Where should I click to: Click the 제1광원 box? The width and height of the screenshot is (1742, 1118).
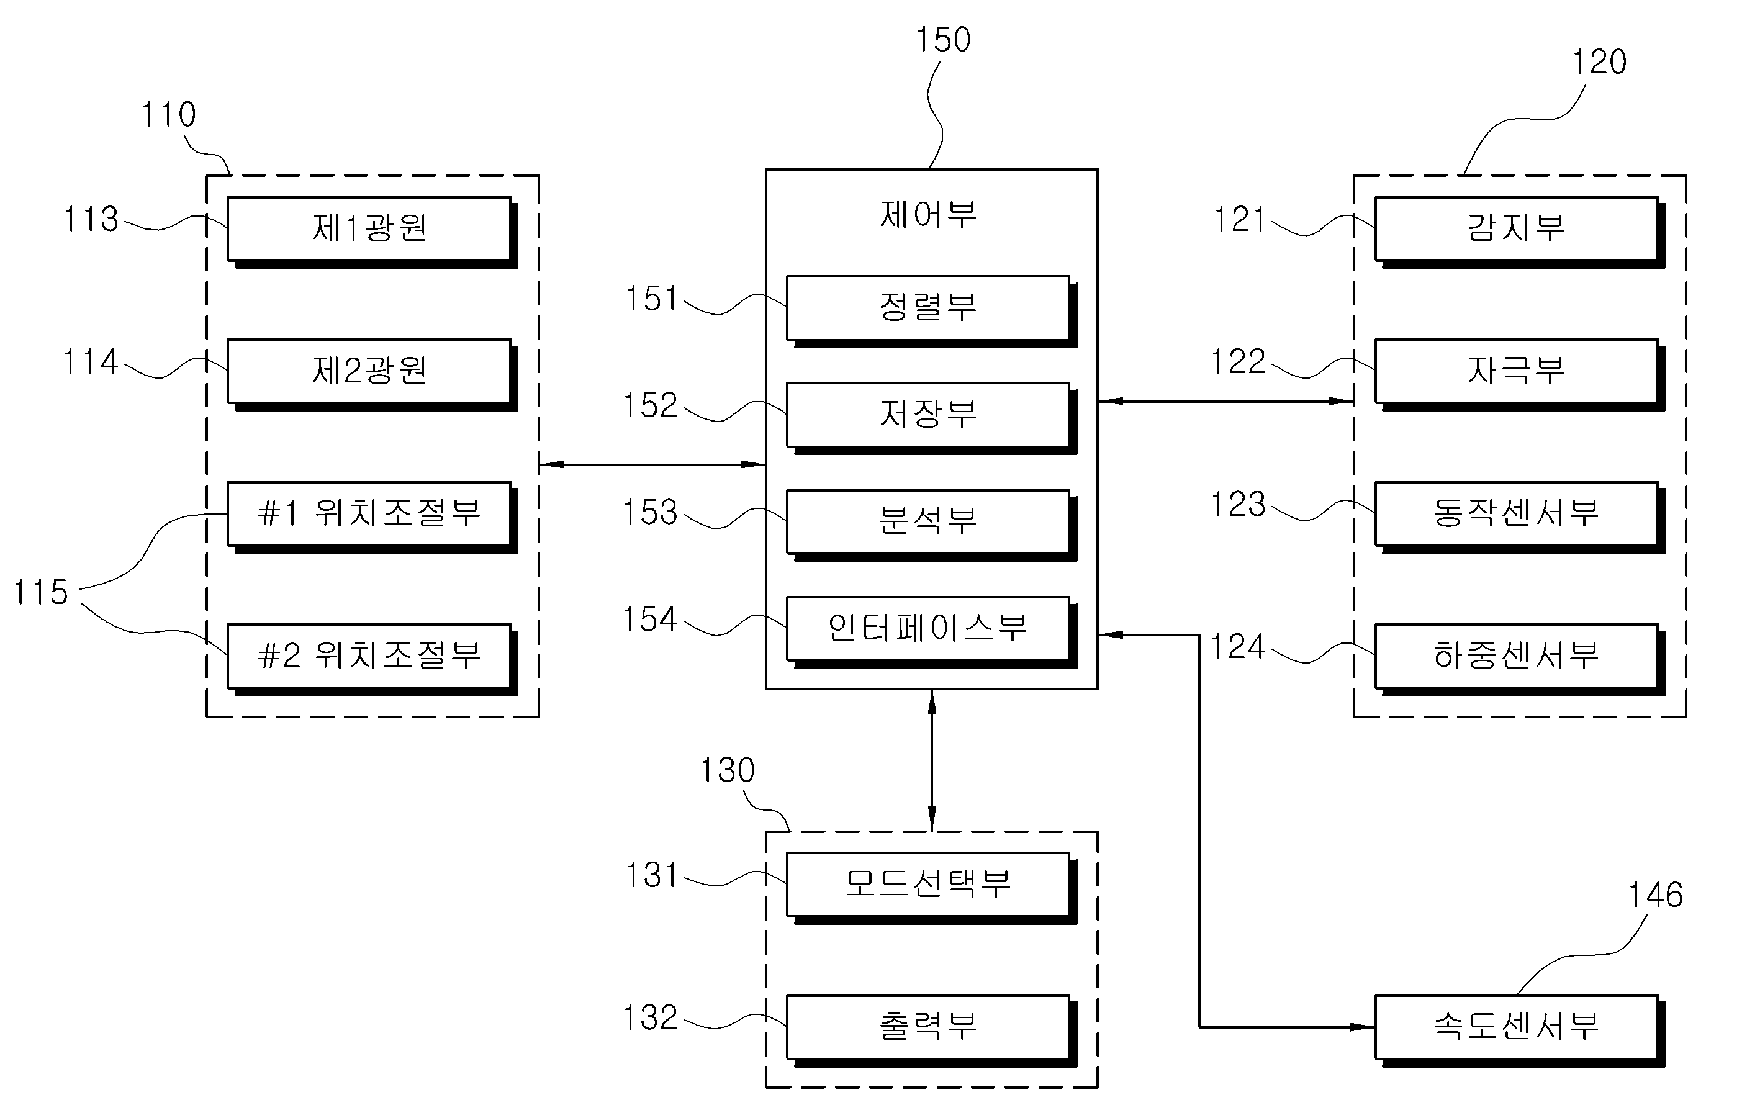click(372, 232)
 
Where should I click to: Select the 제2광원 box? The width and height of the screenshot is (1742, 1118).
click(372, 374)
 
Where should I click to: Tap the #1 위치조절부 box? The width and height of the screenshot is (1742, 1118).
click(372, 518)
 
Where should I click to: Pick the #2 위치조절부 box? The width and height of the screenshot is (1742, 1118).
click(372, 660)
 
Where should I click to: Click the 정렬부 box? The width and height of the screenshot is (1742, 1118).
click(932, 312)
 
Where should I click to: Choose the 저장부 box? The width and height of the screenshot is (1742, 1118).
click(932, 418)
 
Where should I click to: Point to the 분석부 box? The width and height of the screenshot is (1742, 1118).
click(932, 526)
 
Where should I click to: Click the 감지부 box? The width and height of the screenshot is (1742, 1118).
click(1520, 232)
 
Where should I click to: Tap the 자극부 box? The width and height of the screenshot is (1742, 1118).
click(1520, 374)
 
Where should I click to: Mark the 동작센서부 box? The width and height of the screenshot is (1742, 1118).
click(1520, 518)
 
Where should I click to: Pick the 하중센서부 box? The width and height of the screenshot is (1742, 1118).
click(1520, 660)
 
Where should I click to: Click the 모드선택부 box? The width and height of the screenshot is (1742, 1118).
click(932, 888)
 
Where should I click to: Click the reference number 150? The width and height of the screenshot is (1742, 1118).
click(943, 39)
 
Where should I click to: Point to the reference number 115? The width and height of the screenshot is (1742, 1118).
click(40, 592)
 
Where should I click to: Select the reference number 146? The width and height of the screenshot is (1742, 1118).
click(1656, 895)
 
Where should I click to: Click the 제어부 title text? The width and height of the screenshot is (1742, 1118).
click(928, 214)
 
